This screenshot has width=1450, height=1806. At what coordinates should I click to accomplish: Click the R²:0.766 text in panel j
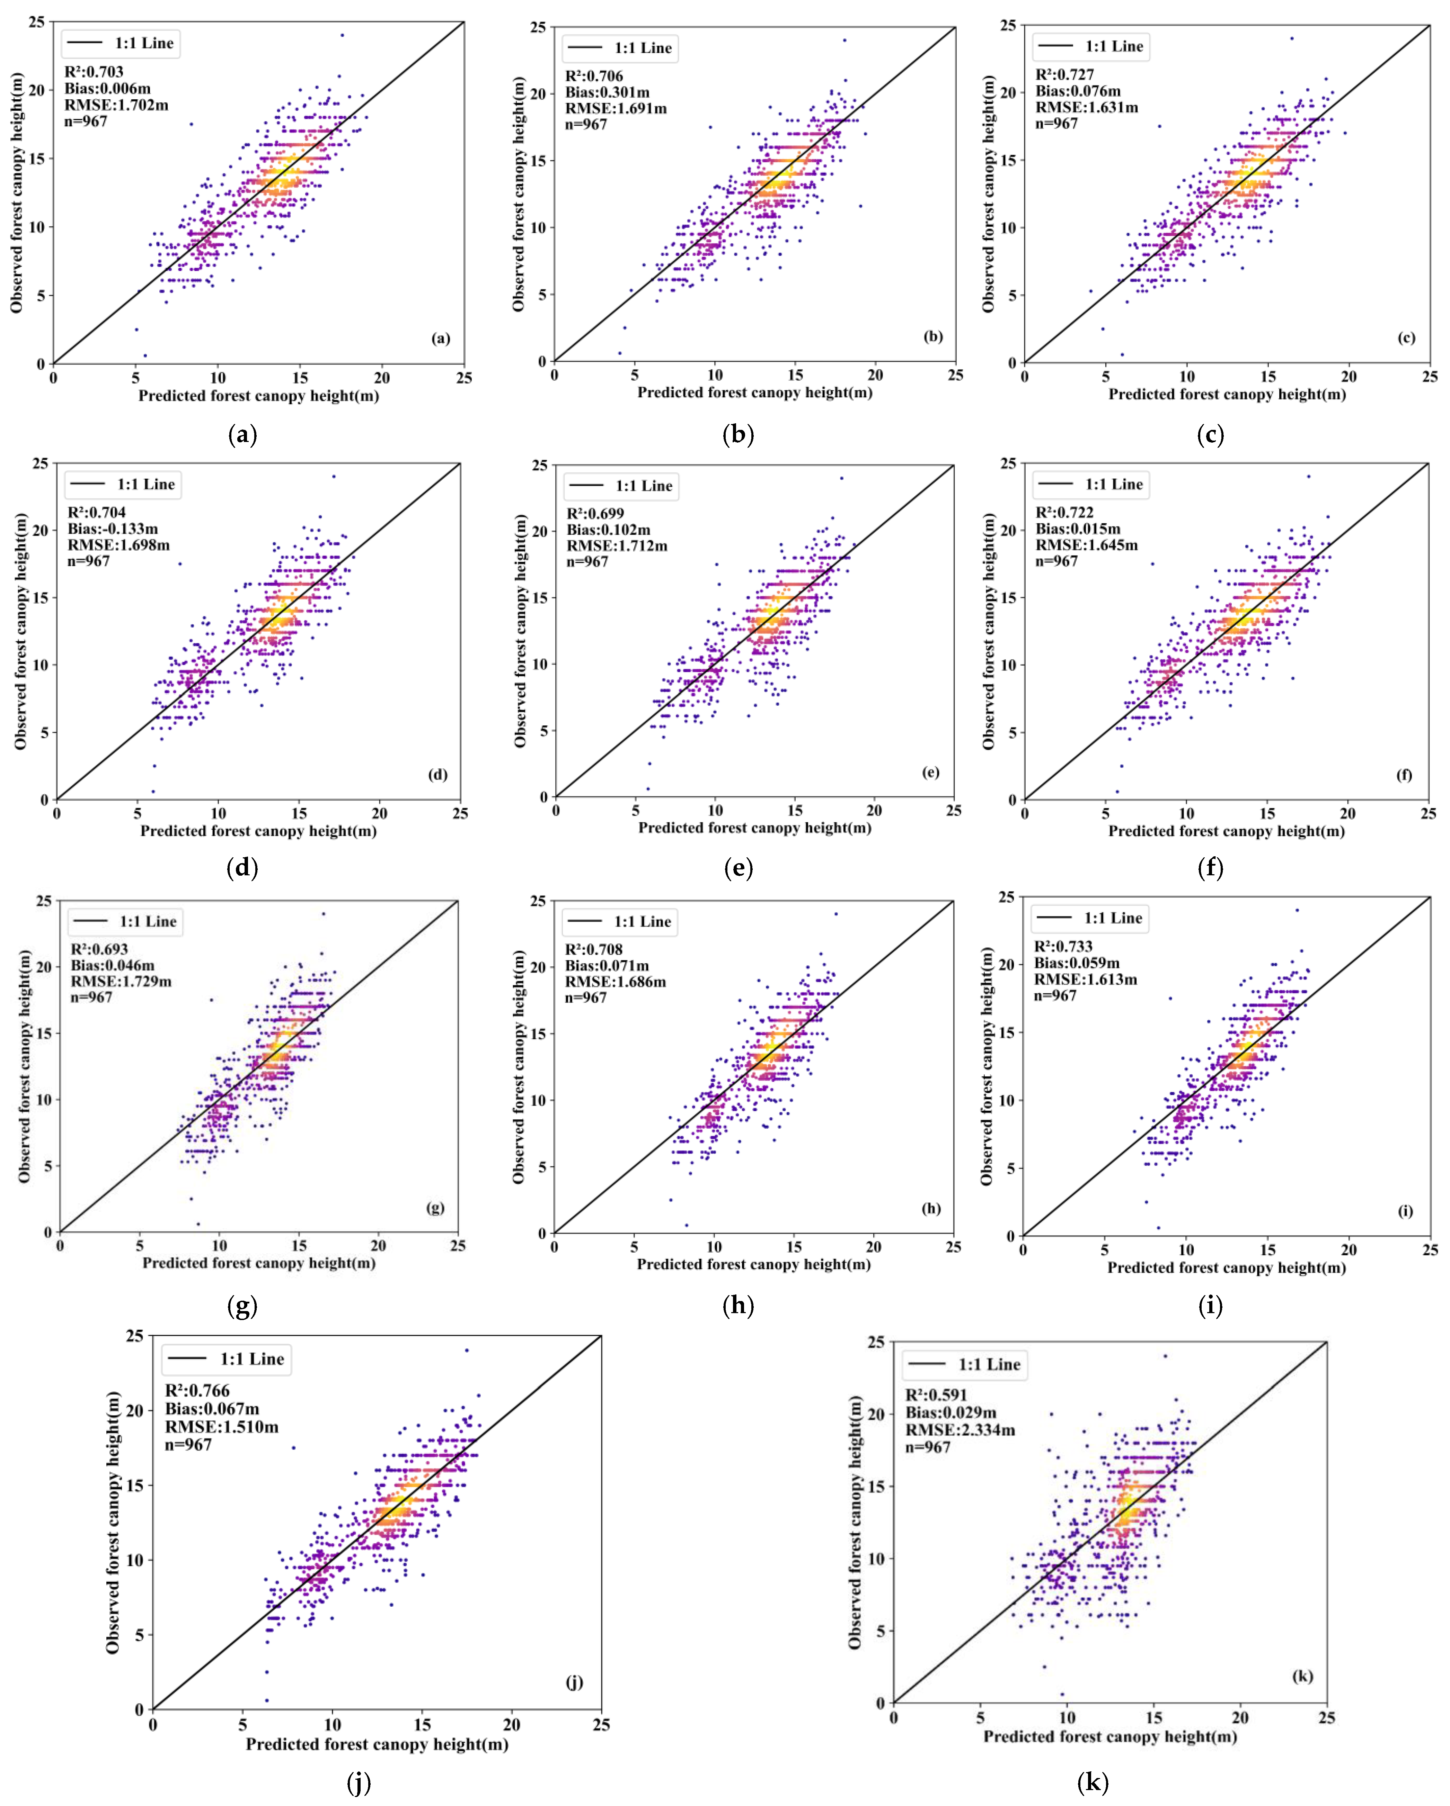click(x=197, y=1391)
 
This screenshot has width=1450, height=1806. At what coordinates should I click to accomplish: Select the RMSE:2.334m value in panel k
click(x=960, y=1430)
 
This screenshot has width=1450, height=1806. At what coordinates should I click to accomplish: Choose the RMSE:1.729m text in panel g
click(x=121, y=981)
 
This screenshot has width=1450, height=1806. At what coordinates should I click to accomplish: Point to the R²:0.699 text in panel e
click(x=595, y=514)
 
